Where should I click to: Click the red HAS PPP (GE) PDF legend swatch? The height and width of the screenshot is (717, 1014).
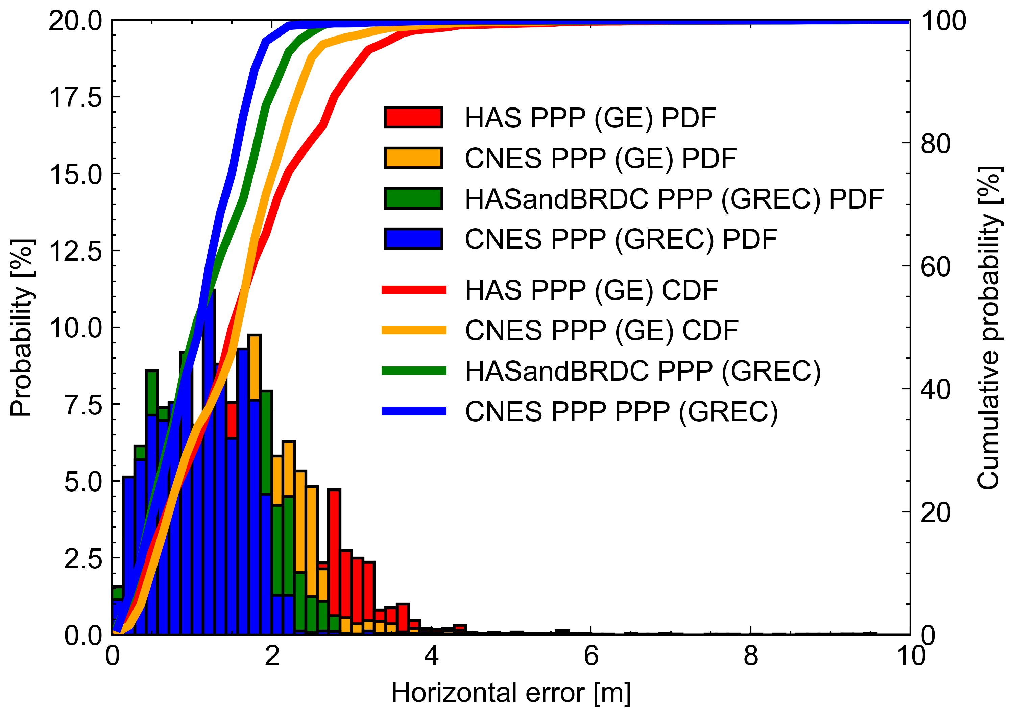click(x=413, y=118)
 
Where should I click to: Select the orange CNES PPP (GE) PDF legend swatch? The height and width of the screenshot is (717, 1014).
click(x=413, y=158)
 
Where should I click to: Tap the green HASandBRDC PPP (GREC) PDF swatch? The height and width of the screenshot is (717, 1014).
click(x=413, y=198)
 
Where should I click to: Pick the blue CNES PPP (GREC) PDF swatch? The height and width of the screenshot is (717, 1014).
click(x=413, y=239)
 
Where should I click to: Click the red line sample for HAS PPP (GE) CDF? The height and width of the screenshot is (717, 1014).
click(x=414, y=290)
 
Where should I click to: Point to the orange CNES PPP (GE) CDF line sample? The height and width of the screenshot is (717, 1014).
click(x=414, y=330)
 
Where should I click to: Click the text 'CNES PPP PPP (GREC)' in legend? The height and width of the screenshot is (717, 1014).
click(x=621, y=412)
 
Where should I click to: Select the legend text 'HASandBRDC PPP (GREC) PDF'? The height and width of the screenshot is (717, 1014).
click(x=674, y=199)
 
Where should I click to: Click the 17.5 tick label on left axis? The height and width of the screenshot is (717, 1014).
click(x=75, y=97)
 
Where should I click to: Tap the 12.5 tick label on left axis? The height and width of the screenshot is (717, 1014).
click(x=75, y=251)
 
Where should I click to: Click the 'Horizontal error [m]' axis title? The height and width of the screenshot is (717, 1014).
click(x=511, y=693)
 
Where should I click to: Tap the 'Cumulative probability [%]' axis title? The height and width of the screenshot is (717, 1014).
click(x=989, y=328)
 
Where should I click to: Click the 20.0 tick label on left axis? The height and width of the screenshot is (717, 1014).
click(x=75, y=21)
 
